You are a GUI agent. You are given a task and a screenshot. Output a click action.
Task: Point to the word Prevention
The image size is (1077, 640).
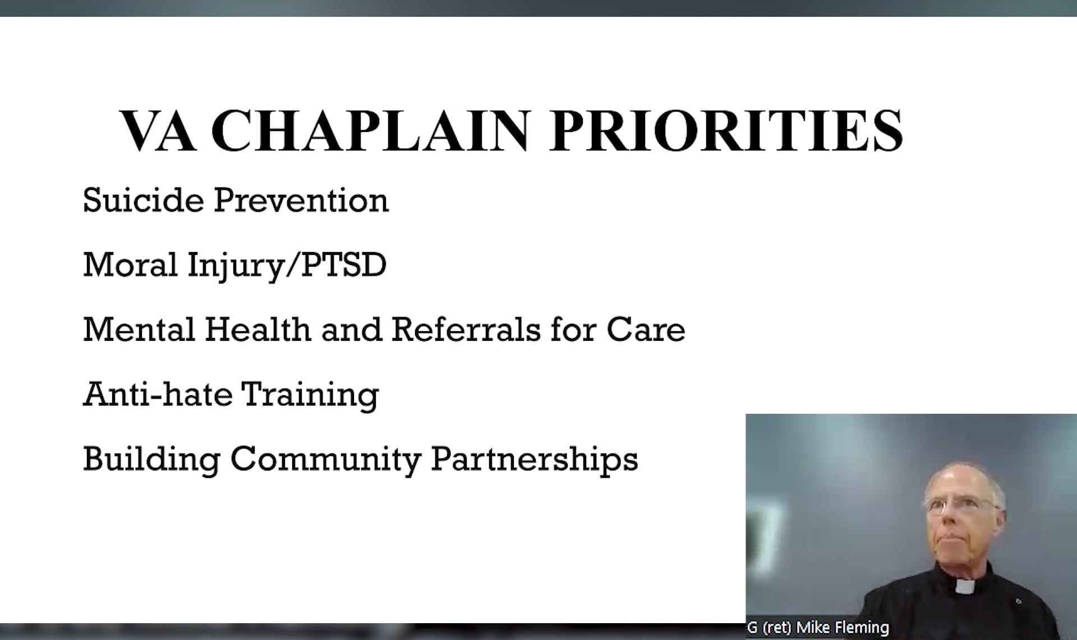tap(301, 200)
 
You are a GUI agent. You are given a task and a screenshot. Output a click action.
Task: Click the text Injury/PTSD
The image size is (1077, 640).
tap(287, 265)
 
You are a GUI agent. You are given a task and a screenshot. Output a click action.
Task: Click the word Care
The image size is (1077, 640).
tap(646, 329)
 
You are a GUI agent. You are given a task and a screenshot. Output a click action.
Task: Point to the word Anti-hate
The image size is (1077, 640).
tap(158, 394)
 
